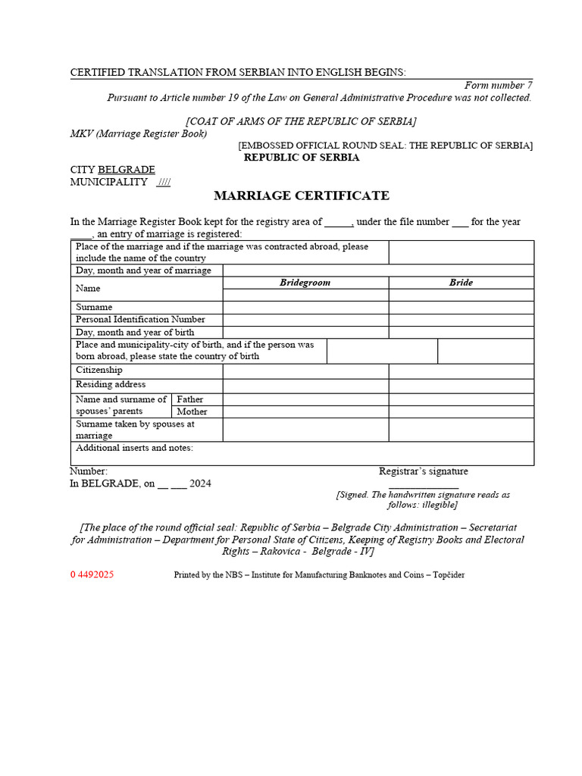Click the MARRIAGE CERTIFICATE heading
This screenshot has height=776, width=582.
(x=302, y=196)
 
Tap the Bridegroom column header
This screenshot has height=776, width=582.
(x=305, y=283)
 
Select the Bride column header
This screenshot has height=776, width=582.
(x=461, y=283)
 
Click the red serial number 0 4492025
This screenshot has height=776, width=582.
(x=92, y=575)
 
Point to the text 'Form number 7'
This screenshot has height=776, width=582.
(x=498, y=86)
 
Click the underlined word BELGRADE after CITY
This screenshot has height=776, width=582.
(x=127, y=170)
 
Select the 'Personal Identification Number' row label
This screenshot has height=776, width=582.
(x=140, y=320)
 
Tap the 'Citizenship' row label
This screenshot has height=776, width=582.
(x=99, y=370)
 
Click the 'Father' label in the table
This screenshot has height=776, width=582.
(x=189, y=399)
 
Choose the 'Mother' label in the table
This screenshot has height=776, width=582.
(x=192, y=411)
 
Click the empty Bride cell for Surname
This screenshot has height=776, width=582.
(x=461, y=308)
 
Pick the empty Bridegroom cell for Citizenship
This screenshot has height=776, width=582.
(x=305, y=371)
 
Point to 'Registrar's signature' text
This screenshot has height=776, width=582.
(x=424, y=471)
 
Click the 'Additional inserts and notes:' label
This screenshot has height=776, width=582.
(x=134, y=448)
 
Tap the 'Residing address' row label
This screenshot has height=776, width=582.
(x=111, y=385)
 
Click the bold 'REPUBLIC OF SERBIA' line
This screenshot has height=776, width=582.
(x=302, y=158)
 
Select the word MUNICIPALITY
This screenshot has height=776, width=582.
(x=109, y=183)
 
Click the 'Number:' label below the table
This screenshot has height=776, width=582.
(x=89, y=471)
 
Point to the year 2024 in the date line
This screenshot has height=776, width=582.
(x=201, y=483)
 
